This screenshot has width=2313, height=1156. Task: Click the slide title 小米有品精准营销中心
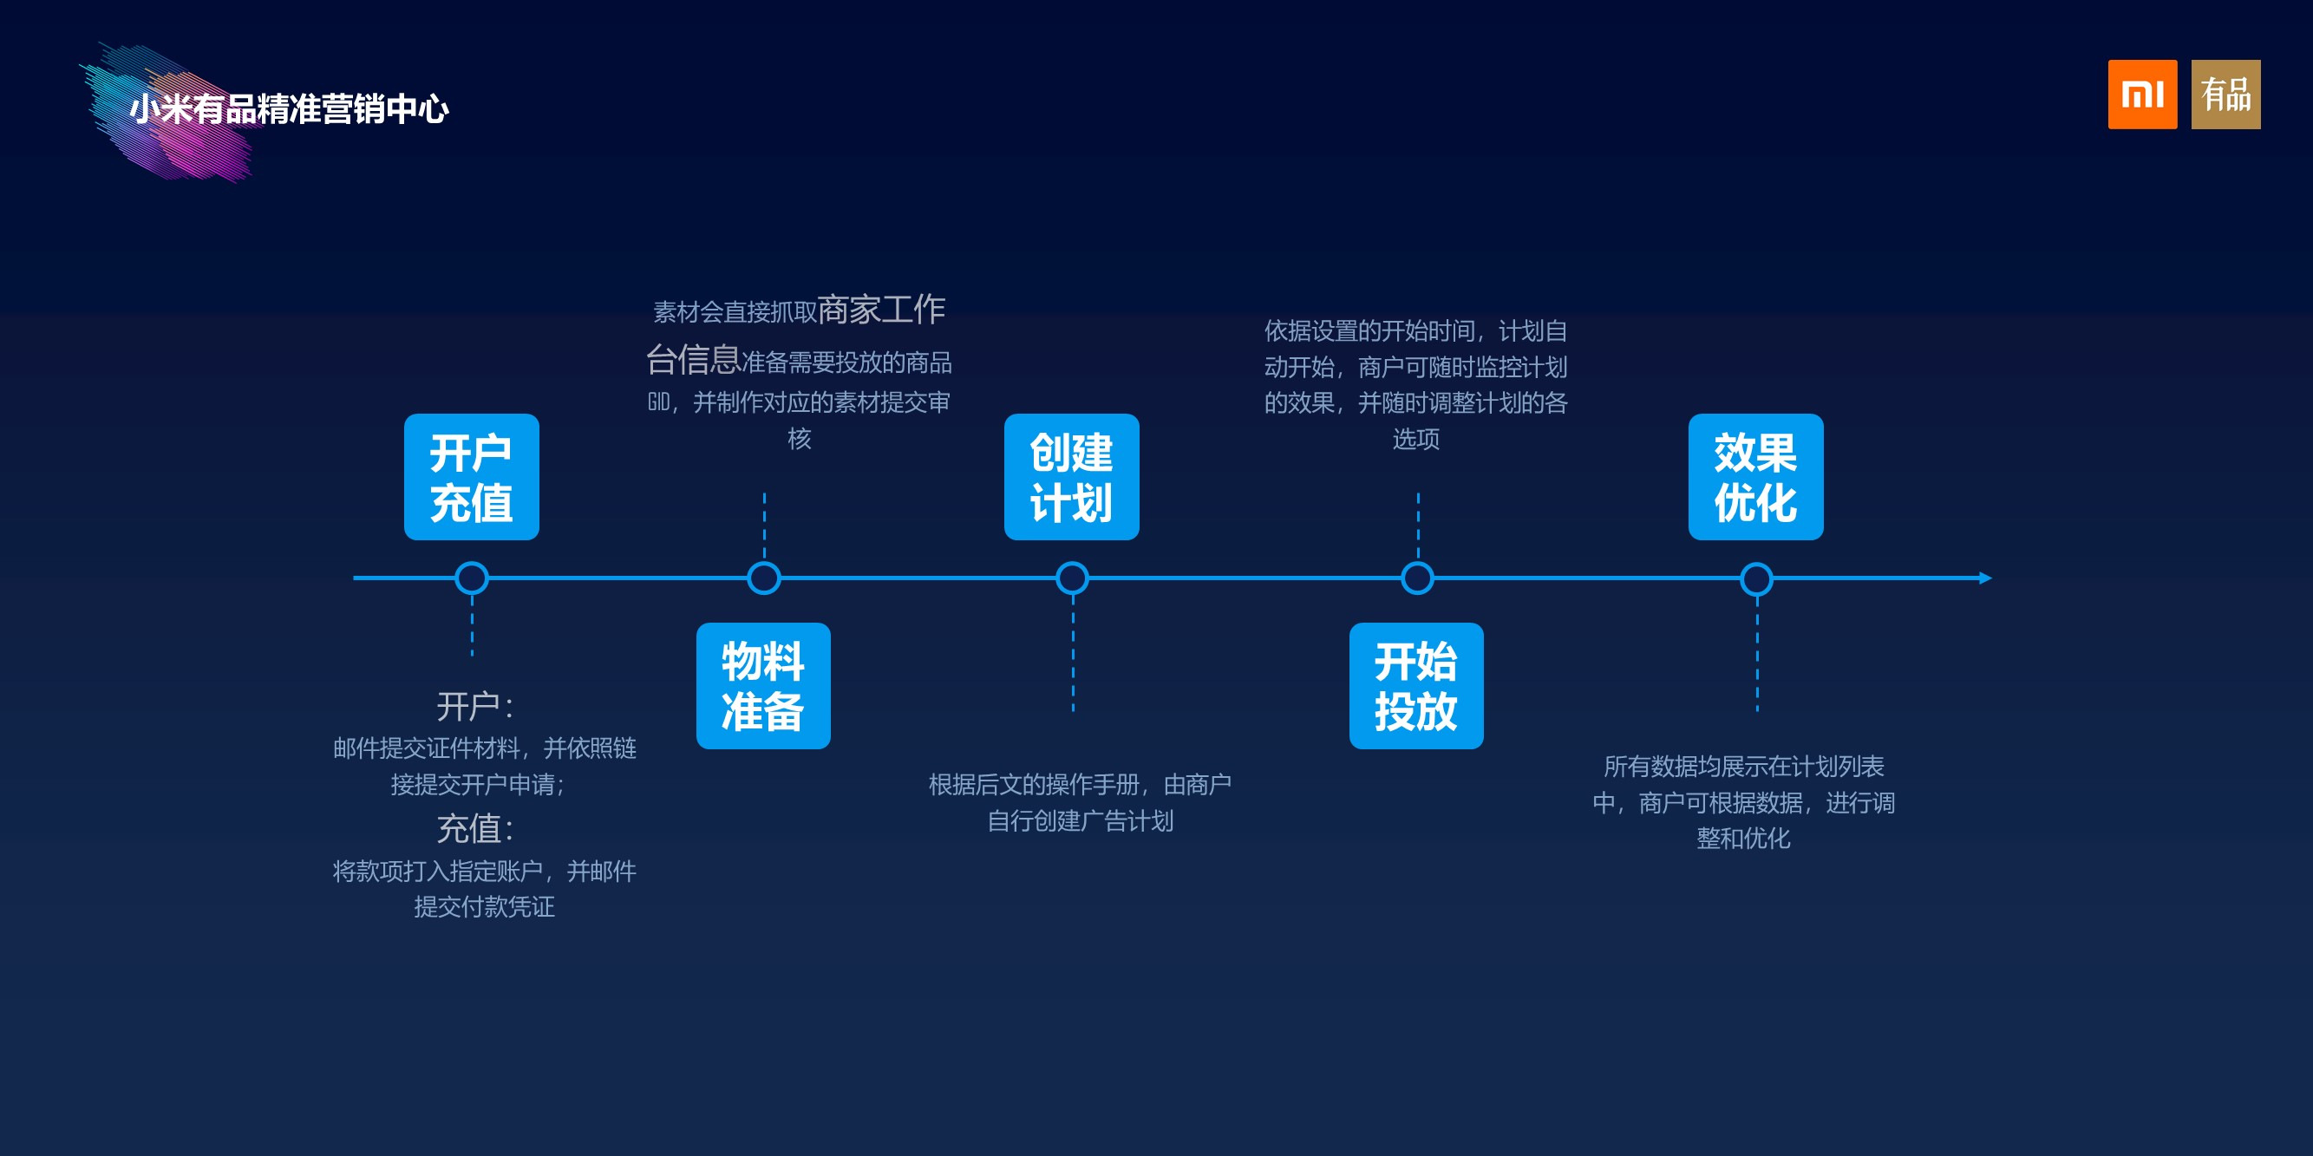(x=289, y=109)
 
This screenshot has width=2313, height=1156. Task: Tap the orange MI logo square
(x=2141, y=95)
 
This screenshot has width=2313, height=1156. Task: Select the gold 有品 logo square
(x=2225, y=95)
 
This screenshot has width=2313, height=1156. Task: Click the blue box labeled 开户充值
(x=472, y=477)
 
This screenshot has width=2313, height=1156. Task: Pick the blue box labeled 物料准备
(x=763, y=686)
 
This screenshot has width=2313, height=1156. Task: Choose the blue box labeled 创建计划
(x=1071, y=477)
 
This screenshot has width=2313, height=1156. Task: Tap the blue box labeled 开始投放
(x=1416, y=686)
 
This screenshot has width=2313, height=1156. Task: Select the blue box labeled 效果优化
(x=1755, y=477)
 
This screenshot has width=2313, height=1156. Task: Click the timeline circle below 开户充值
(x=472, y=578)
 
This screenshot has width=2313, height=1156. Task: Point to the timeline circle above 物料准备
(x=764, y=578)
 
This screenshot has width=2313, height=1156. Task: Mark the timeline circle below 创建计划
(x=1072, y=578)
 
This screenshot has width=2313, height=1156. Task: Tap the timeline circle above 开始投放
(x=1417, y=578)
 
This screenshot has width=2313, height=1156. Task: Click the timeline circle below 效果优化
(x=1756, y=578)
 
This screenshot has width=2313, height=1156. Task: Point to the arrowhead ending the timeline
(x=1985, y=578)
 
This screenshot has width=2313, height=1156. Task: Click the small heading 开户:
(x=474, y=706)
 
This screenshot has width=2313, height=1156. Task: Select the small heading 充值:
(x=474, y=828)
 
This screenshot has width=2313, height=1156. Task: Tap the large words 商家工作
(x=881, y=310)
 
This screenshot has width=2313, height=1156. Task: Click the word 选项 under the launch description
(x=1416, y=439)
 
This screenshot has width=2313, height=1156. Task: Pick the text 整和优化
(x=1743, y=839)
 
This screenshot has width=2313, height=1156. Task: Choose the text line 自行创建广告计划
(x=1080, y=820)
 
